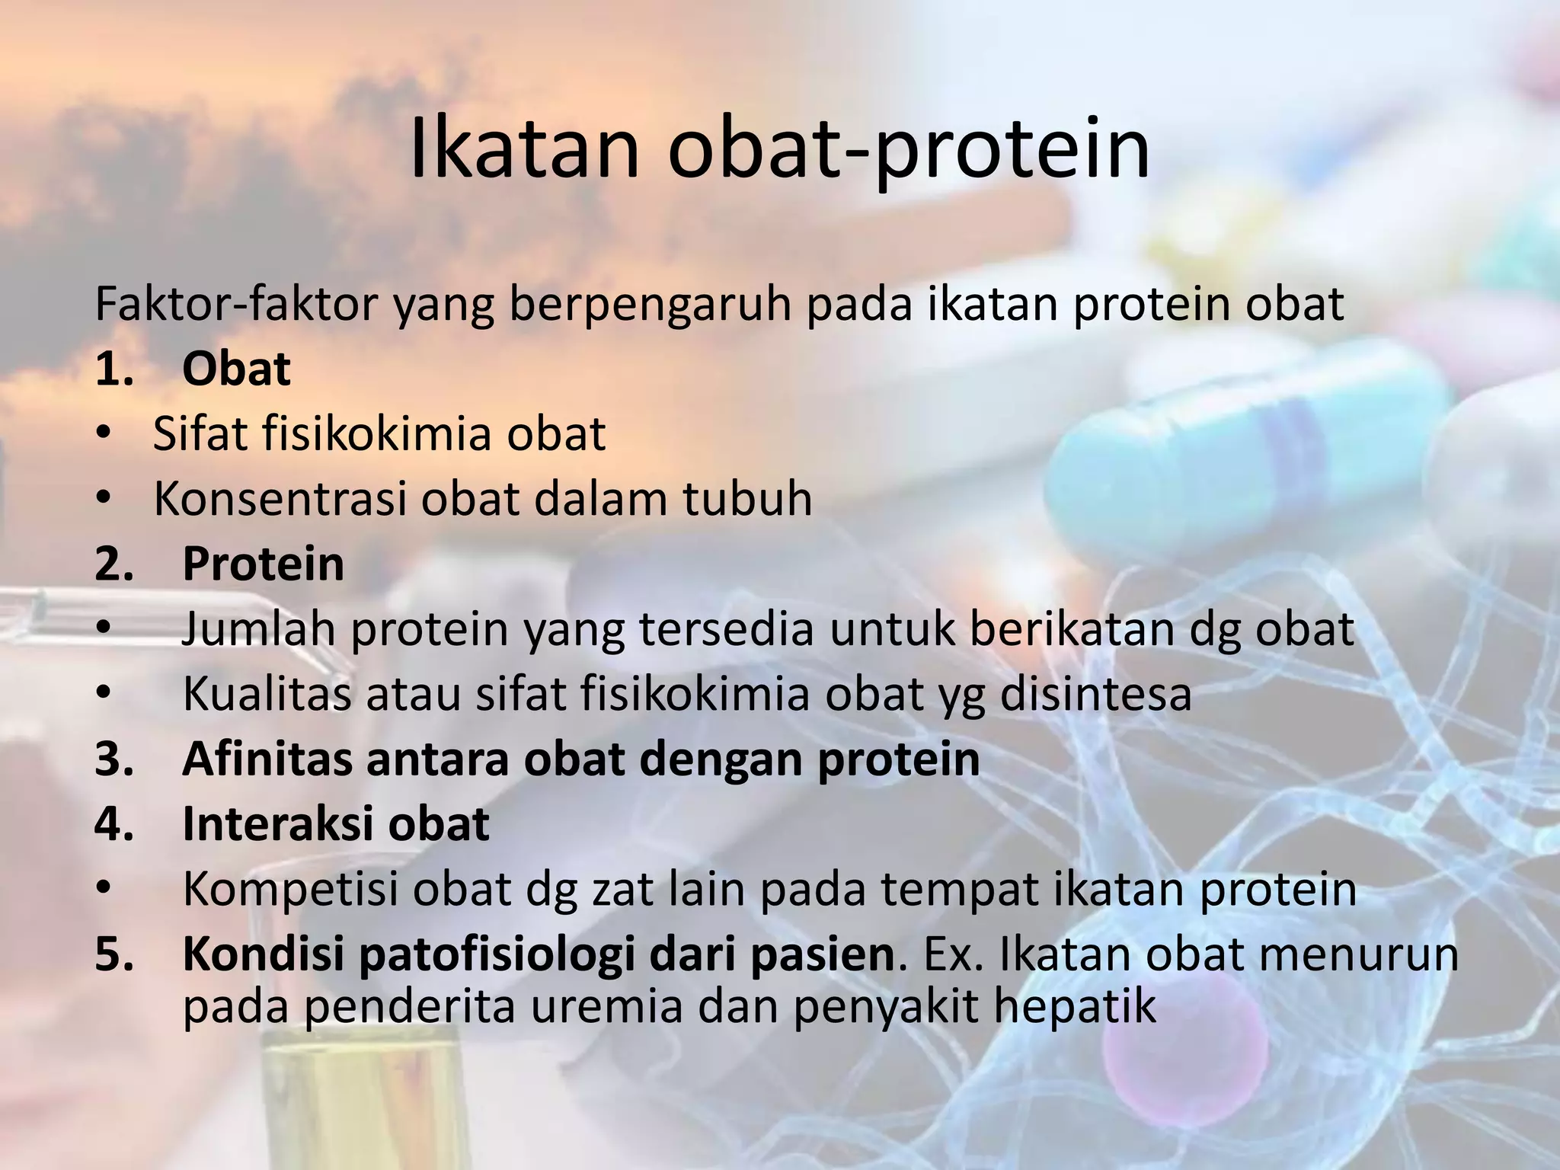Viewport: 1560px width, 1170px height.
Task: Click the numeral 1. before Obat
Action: point(114,369)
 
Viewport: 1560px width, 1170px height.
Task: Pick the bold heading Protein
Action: point(263,564)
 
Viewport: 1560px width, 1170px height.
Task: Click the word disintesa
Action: point(1095,694)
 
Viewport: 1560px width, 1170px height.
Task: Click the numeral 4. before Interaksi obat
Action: point(114,824)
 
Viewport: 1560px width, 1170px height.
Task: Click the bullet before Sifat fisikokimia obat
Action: point(104,434)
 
